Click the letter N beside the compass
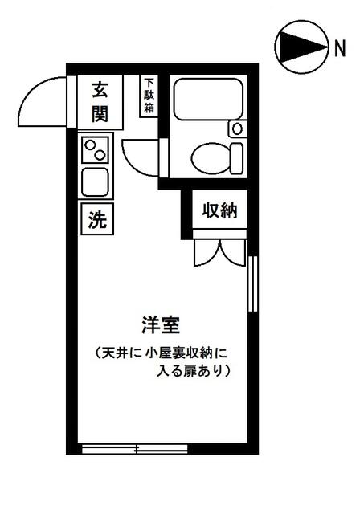tap(340, 48)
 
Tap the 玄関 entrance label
tap(100, 102)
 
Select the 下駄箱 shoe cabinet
tap(149, 96)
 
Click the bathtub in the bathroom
tap(208, 99)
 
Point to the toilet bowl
tap(211, 158)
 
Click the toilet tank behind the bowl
tap(237, 158)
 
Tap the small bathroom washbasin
tap(237, 128)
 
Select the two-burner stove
tap(95, 150)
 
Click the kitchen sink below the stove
tap(95, 182)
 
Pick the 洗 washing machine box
tap(97, 218)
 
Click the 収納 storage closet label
tap(219, 210)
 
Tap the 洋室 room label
tap(161, 324)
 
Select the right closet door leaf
tap(232, 253)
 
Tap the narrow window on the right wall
tap(253, 284)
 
